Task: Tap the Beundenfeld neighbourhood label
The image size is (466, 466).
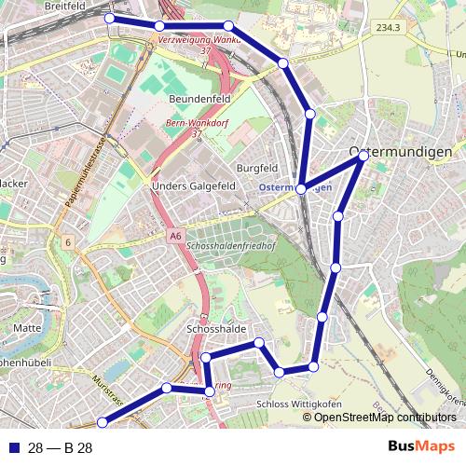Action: pyautogui.click(x=199, y=98)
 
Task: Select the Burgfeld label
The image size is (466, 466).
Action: pyautogui.click(x=257, y=168)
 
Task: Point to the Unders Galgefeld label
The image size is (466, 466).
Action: pyautogui.click(x=193, y=186)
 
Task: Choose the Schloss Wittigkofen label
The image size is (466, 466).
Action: pyautogui.click(x=298, y=404)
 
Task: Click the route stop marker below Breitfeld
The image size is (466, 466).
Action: pyautogui.click(x=110, y=19)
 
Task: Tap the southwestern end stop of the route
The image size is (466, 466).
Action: pyautogui.click(x=103, y=422)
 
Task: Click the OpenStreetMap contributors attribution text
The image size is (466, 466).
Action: pyautogui.click(x=384, y=417)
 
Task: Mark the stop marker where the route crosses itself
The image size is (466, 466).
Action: pyautogui.click(x=301, y=188)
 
